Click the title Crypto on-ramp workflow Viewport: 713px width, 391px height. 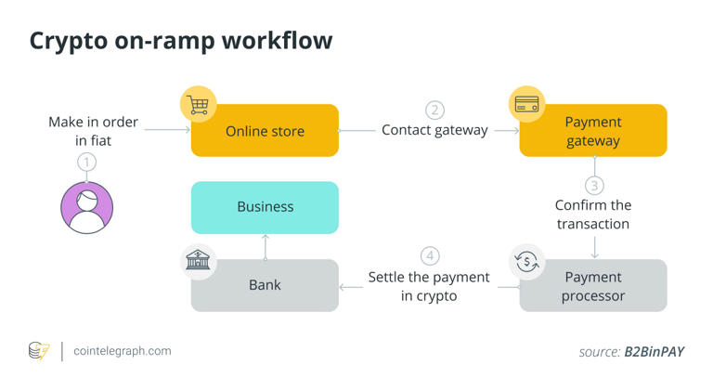pyautogui.click(x=180, y=41)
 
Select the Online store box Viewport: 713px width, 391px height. pyautogui.click(x=265, y=131)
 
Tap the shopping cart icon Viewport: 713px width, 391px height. pyautogui.click(x=198, y=105)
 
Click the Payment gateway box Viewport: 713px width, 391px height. pyautogui.click(x=592, y=131)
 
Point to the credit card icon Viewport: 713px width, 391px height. pyautogui.click(x=526, y=104)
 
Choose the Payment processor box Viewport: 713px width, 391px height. pyautogui.click(x=592, y=286)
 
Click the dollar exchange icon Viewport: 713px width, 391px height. pyautogui.click(x=526, y=262)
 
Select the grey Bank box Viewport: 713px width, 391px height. pyautogui.click(x=265, y=286)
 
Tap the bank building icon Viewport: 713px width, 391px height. pyautogui.click(x=198, y=262)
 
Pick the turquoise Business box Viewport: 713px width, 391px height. pyautogui.click(x=265, y=207)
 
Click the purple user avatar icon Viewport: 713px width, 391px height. pyautogui.click(x=86, y=207)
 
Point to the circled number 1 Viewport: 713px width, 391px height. pyautogui.click(x=86, y=163)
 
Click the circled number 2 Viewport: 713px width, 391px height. pyautogui.click(x=434, y=110)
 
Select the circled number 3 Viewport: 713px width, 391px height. pyautogui.click(x=594, y=185)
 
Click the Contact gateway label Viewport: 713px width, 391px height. pyautogui.click(x=434, y=130)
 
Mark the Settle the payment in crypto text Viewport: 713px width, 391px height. pyautogui.click(x=428, y=286)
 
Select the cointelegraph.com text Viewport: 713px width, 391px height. pyautogui.click(x=122, y=351)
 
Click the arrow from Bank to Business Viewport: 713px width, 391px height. pyautogui.click(x=266, y=247)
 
